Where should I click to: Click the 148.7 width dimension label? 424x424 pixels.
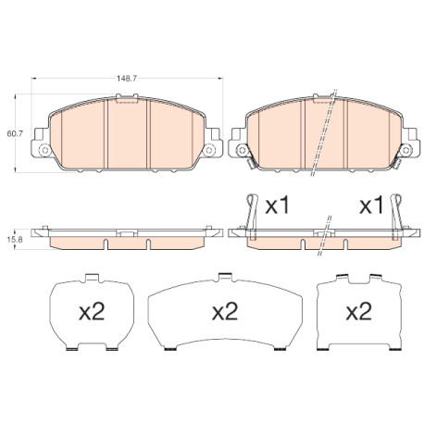click(127, 79)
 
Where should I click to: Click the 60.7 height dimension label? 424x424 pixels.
click(15, 133)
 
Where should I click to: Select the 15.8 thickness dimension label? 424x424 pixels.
click(15, 239)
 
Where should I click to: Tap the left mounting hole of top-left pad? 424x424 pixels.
click(45, 150)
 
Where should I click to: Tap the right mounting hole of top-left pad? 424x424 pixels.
click(209, 150)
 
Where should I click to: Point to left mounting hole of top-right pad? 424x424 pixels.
click(242, 150)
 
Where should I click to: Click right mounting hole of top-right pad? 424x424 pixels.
click(405, 150)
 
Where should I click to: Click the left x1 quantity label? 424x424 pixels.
click(278, 206)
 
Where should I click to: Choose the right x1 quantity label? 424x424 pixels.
click(371, 206)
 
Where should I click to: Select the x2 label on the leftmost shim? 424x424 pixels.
click(92, 311)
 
